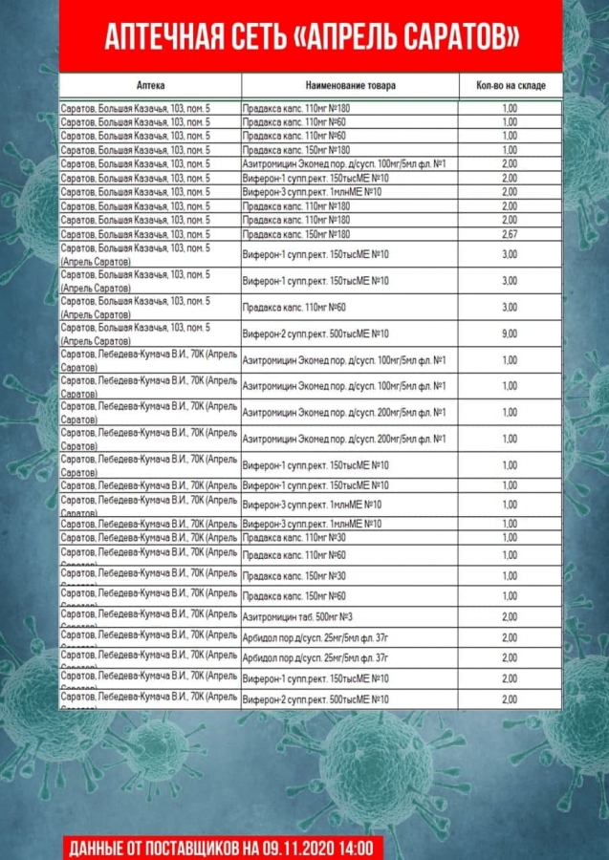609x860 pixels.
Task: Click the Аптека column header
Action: pyautogui.click(x=150, y=85)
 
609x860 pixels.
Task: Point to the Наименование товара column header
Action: pyautogui.click(x=351, y=85)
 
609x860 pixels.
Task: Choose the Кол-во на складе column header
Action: pyautogui.click(x=511, y=85)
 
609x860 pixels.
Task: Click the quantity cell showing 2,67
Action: pyautogui.click(x=510, y=234)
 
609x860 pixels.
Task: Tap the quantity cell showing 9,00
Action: pyautogui.click(x=510, y=333)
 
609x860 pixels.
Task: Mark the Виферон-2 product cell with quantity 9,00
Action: pyautogui.click(x=315, y=333)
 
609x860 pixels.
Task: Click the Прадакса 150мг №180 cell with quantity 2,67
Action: pyautogui.click(x=296, y=234)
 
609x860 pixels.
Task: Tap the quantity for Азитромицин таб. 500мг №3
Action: pyautogui.click(x=510, y=616)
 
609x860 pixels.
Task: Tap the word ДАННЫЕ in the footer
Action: pyautogui.click(x=97, y=848)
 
